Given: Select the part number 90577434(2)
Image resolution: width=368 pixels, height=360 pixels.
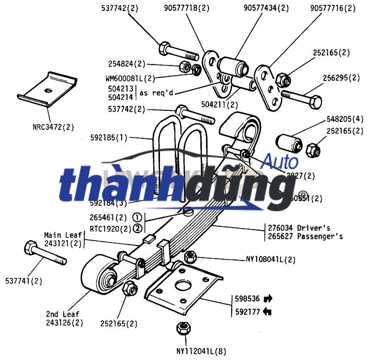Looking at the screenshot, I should (266, 8).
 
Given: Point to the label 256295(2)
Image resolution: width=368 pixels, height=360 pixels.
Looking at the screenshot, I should (340, 78).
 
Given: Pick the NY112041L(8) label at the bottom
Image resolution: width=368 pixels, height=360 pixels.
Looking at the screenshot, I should (201, 351).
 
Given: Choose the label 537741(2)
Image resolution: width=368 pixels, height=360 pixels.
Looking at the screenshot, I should (24, 281).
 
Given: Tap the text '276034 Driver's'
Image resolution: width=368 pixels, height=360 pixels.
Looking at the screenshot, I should (298, 228).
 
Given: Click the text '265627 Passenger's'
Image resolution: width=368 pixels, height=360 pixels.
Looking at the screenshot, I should (305, 236).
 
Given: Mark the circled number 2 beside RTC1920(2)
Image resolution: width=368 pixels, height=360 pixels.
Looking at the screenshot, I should (138, 228).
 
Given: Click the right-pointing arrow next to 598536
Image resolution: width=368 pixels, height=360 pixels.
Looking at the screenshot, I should (268, 298).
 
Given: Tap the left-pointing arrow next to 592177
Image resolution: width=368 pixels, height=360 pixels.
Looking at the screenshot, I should (267, 311).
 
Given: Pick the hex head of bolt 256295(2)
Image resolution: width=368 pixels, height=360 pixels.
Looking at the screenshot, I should (316, 103).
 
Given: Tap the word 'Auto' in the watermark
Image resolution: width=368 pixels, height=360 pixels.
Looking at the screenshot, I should (280, 161).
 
